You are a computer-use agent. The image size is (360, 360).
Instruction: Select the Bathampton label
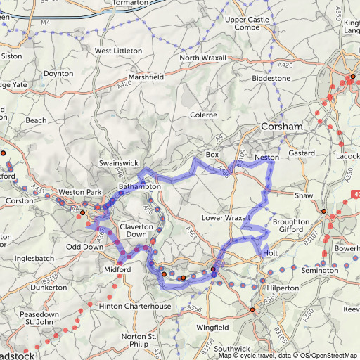click(x=140, y=187)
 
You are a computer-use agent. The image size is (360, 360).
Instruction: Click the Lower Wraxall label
click(x=226, y=218)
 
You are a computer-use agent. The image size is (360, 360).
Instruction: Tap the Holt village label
click(x=271, y=252)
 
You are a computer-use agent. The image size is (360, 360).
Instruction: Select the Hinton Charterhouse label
click(x=135, y=306)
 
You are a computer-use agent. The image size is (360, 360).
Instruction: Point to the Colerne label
click(x=205, y=115)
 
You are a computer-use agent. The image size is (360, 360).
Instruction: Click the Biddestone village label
click(x=271, y=79)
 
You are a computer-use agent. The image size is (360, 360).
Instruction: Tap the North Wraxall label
click(x=203, y=58)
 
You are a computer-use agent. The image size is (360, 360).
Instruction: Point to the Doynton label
click(x=58, y=73)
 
